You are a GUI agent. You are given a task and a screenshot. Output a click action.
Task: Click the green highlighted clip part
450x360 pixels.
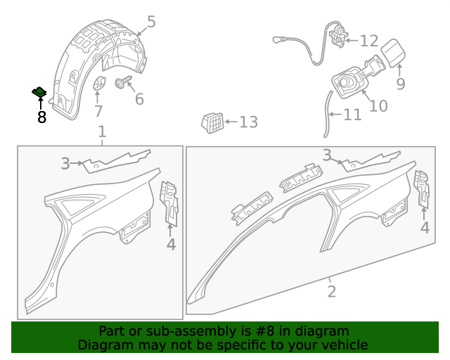tap(39, 92)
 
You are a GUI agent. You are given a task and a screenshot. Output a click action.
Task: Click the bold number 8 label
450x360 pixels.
tap(42, 117)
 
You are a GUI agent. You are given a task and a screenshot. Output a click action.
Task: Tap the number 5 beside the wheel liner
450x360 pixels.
tap(151, 22)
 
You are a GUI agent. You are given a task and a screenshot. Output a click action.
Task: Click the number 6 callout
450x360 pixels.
tap(139, 99)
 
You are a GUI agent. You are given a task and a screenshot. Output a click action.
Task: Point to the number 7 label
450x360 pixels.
tap(98, 111)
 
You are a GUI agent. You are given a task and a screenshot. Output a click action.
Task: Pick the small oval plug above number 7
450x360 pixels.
tap(98, 83)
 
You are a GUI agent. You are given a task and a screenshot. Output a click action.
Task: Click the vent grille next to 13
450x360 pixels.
tap(212, 123)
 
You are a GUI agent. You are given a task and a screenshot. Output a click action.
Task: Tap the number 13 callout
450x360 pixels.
tap(248, 122)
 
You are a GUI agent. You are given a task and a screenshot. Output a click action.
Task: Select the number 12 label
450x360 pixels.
tap(369, 41)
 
